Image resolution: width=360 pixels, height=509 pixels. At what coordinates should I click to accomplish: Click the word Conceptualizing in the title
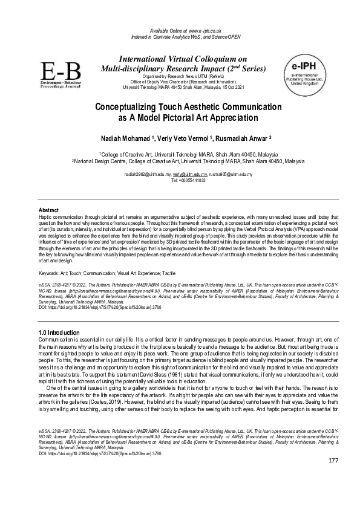[129, 106]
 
